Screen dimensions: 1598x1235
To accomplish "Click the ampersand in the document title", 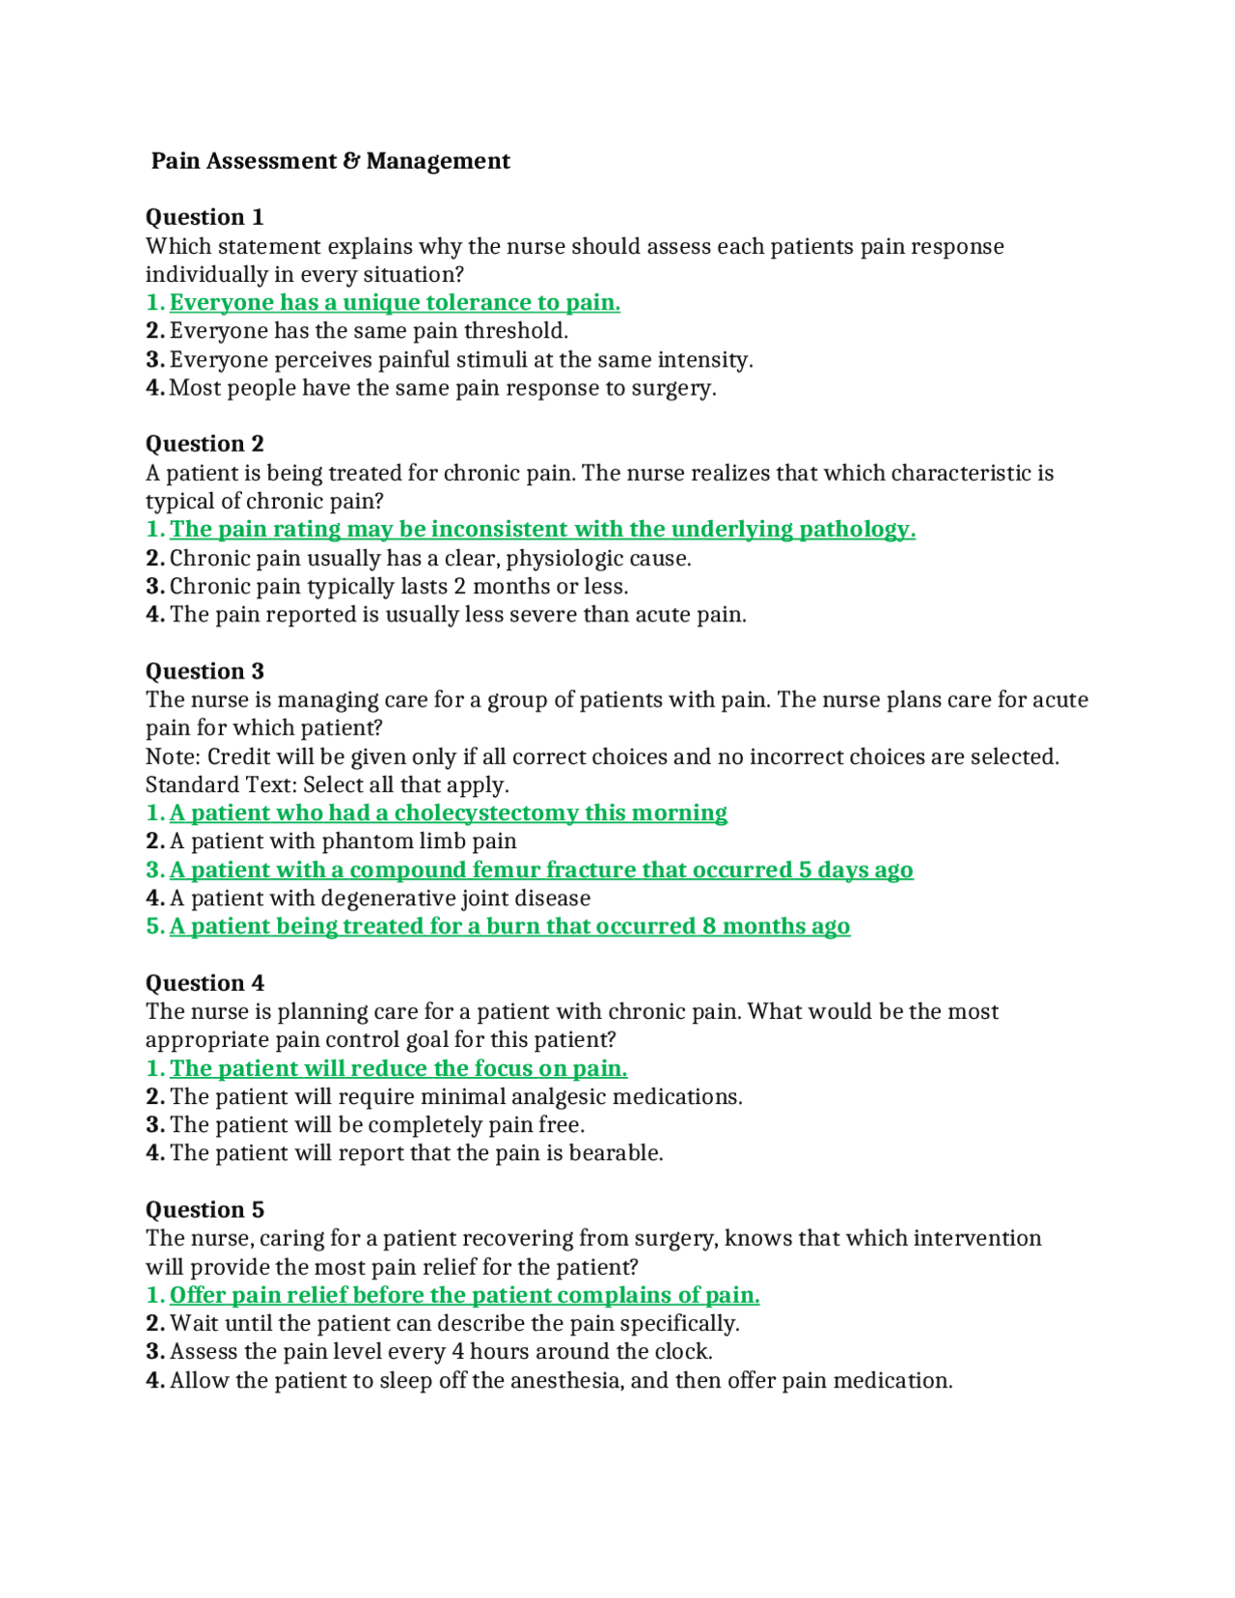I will pos(352,161).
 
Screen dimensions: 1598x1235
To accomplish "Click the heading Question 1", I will pos(205,217).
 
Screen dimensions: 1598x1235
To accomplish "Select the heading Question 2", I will pos(205,444).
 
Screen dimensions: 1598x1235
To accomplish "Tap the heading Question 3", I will pos(205,672).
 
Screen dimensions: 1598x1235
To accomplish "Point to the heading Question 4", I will pos(205,983).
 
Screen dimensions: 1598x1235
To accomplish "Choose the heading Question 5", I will pos(205,1210).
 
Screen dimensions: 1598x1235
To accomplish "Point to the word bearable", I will pos(617,1153).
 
